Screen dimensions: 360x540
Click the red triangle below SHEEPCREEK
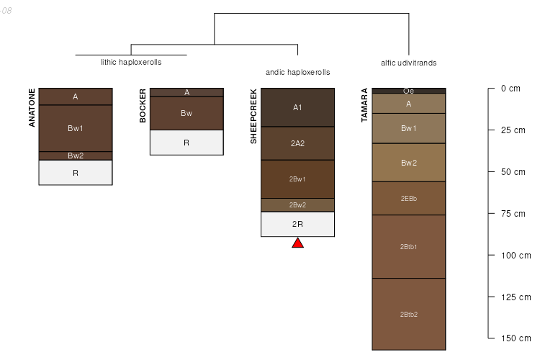[x=297, y=243]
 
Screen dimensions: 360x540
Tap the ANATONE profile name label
[x=32, y=108]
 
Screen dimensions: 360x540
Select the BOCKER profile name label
[x=143, y=106]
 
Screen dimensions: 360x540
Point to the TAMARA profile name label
[x=364, y=106]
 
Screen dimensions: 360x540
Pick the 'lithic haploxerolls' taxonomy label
[x=131, y=62]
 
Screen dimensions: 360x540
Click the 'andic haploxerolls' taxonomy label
[x=297, y=72]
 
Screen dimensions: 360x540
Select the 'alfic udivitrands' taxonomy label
[x=408, y=63]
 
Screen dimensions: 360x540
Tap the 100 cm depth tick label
[x=515, y=256]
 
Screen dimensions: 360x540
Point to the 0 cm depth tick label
[x=510, y=89]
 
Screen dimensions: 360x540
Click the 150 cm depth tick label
[x=515, y=338]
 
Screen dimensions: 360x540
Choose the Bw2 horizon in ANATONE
[x=76, y=156]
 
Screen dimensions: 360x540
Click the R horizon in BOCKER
[x=186, y=143]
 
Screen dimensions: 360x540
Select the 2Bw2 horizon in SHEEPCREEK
[x=297, y=205]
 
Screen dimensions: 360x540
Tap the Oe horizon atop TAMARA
[x=409, y=91]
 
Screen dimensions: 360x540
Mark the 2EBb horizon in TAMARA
[x=409, y=198]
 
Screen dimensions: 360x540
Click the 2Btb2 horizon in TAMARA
[x=409, y=314]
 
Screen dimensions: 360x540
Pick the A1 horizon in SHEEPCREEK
[x=297, y=107]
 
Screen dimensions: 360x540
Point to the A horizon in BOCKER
[x=186, y=92]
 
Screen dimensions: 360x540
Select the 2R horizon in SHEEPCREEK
[x=297, y=224]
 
